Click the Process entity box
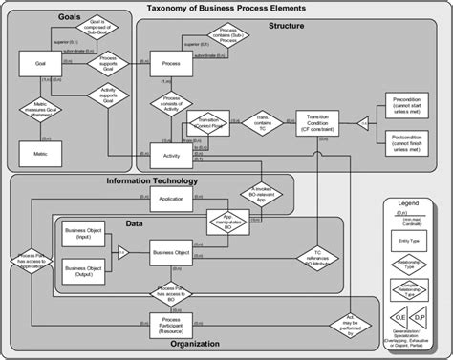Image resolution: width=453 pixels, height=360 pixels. pos(172,63)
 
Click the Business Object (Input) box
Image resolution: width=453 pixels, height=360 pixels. pos(83,236)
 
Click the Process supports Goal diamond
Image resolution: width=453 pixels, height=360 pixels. pos(108,63)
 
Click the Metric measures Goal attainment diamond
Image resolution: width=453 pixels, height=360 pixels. pos(41,111)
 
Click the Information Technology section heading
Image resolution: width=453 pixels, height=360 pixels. pos(152,180)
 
